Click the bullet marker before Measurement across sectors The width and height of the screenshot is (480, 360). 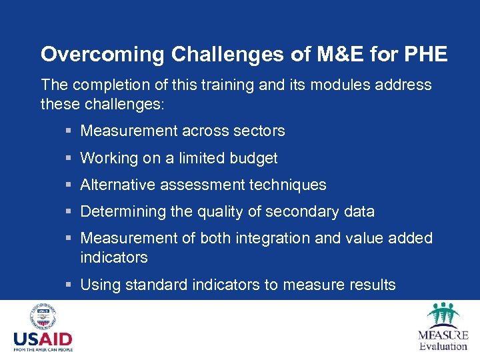(69, 131)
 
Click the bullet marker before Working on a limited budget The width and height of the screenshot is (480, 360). (69, 159)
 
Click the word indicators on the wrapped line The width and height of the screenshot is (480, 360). (113, 257)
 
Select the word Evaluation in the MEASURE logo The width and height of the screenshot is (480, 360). (443, 346)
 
